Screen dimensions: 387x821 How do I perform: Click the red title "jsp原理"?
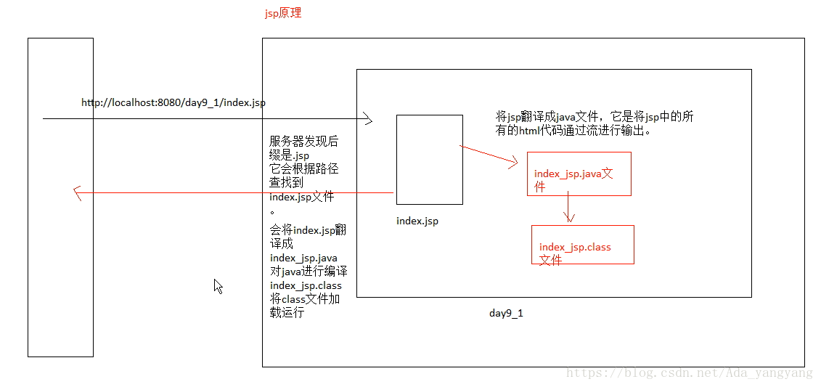pos(283,13)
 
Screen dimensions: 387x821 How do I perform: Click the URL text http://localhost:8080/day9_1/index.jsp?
pos(173,102)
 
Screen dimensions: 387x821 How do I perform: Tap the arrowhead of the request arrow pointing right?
pos(368,118)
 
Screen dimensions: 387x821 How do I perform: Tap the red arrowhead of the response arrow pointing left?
pos(76,192)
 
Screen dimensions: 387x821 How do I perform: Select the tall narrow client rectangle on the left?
pos(60,197)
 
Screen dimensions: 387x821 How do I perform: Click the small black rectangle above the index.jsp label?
pos(429,159)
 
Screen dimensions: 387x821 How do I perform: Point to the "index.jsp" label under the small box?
pos(417,221)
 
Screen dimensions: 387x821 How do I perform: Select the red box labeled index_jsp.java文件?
pos(579,174)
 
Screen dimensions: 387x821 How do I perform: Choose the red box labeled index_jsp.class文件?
pos(582,245)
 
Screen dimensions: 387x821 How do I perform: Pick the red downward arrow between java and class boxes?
pos(570,209)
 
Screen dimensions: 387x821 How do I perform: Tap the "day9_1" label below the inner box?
pos(506,313)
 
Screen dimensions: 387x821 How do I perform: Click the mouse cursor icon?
pos(218,286)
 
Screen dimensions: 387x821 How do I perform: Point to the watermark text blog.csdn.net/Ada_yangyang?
pos(689,373)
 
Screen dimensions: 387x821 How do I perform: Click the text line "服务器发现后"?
pos(303,142)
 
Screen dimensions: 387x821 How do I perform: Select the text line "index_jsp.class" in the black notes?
pos(306,285)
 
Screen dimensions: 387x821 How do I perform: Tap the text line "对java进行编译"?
pos(309,272)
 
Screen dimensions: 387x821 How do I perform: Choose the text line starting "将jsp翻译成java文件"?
pos(595,117)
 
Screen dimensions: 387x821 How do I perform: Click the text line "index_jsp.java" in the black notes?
pos(303,258)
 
